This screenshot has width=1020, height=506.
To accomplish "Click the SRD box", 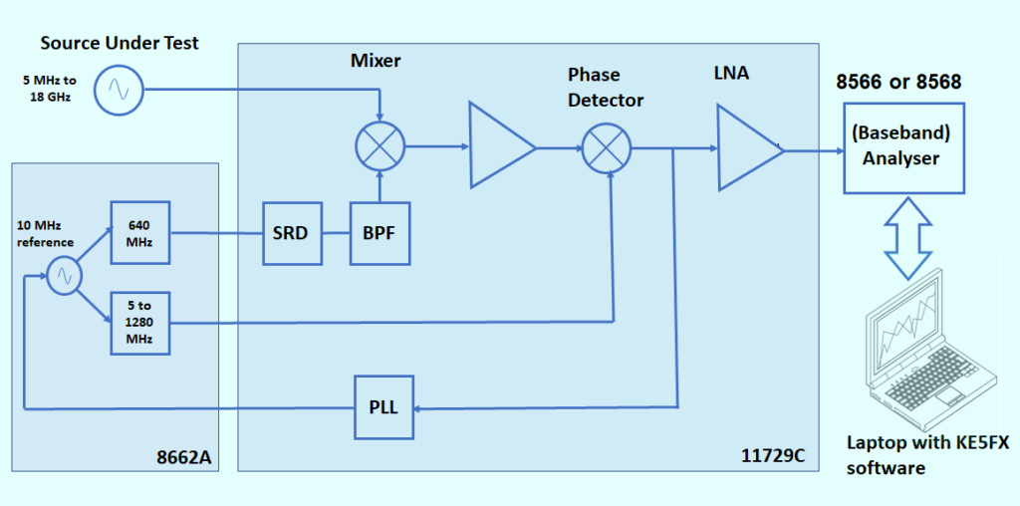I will (x=292, y=234).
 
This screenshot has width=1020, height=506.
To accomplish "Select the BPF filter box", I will (x=380, y=234).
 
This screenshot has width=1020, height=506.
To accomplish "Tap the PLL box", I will (x=383, y=407).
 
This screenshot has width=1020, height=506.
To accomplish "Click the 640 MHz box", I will (x=139, y=232).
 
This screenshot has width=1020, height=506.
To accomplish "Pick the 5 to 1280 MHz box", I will (x=139, y=322).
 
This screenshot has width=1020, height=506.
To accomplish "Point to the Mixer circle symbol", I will (x=380, y=147).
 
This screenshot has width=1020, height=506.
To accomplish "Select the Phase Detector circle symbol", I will (x=605, y=148).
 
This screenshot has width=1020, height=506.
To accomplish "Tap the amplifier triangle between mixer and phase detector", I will (x=498, y=148).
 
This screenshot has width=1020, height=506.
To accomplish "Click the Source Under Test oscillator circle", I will (x=120, y=92).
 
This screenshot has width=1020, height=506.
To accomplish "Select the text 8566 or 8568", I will (x=898, y=83).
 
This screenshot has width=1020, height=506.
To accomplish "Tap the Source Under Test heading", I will (x=120, y=43).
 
